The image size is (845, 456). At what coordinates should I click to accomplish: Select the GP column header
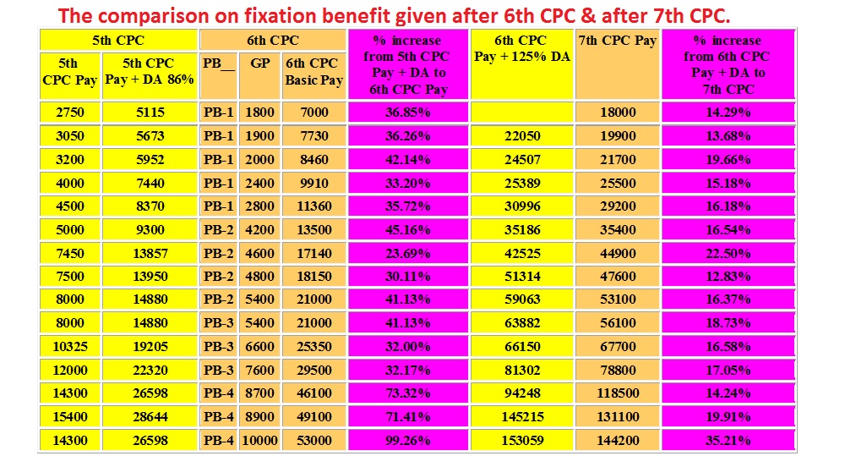[x=260, y=63]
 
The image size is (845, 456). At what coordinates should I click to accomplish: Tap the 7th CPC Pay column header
[x=618, y=41]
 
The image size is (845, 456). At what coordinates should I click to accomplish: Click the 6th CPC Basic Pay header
[x=313, y=72]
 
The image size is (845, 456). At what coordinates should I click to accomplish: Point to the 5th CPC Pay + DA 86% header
[x=148, y=72]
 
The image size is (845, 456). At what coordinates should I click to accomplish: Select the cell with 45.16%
[x=407, y=228]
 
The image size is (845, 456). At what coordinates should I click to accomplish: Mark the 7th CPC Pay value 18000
[x=618, y=112]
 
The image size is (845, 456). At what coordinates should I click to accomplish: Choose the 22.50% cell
[x=728, y=252]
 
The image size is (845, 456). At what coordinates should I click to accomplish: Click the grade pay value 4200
[x=260, y=228]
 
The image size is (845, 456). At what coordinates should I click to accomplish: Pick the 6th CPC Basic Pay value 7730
[x=313, y=135]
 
